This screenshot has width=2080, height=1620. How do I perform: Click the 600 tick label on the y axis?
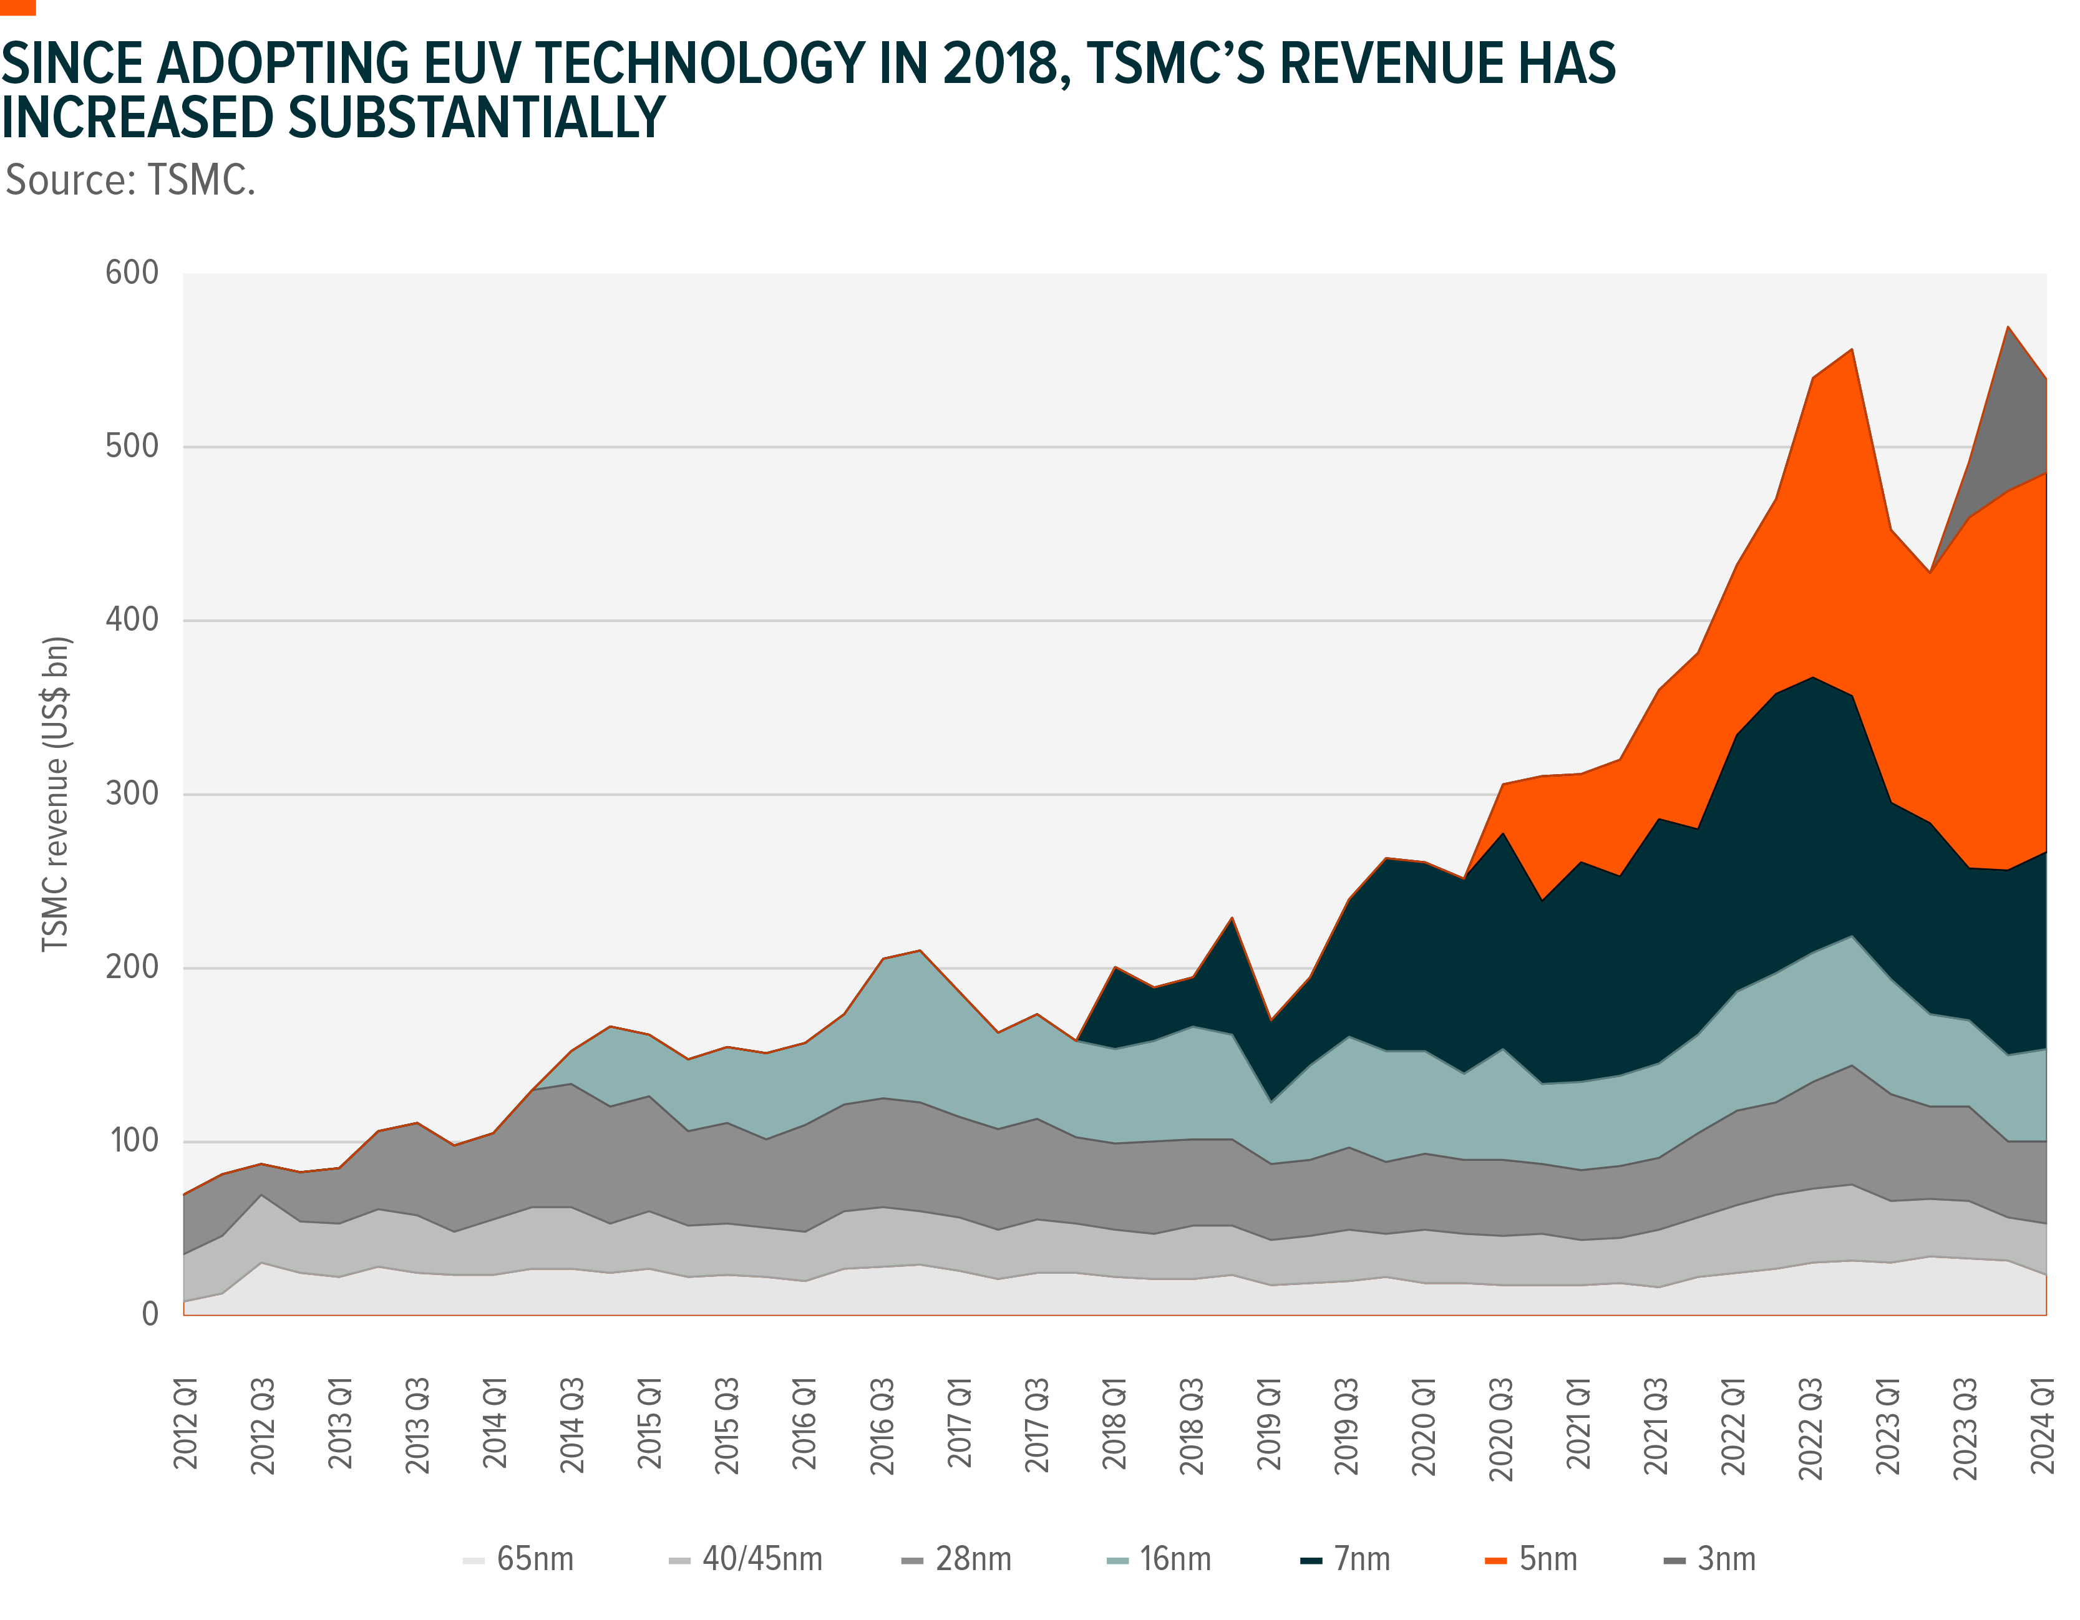[x=132, y=273]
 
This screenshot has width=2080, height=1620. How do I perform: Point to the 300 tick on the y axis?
[x=132, y=793]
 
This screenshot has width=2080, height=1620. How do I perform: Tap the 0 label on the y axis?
[x=150, y=1314]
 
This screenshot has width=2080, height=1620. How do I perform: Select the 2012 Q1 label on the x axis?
[x=186, y=1423]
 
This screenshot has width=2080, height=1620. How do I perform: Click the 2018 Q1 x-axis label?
[x=1114, y=1423]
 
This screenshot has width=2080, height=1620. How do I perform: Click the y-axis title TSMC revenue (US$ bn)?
[x=56, y=793]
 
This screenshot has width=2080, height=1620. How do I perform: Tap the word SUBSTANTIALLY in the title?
[x=476, y=118]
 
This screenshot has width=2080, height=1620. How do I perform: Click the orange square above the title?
[x=17, y=7]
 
